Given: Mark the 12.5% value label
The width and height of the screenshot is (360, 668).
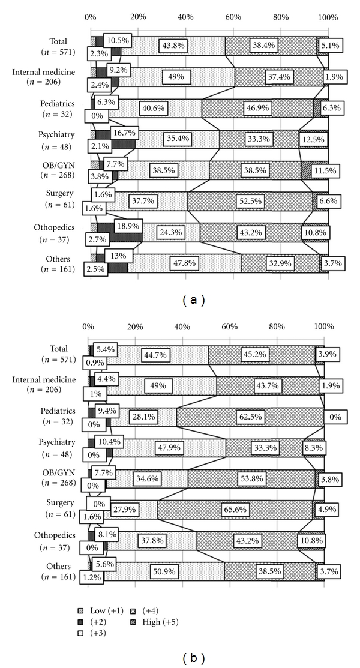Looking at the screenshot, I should click(313, 139).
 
